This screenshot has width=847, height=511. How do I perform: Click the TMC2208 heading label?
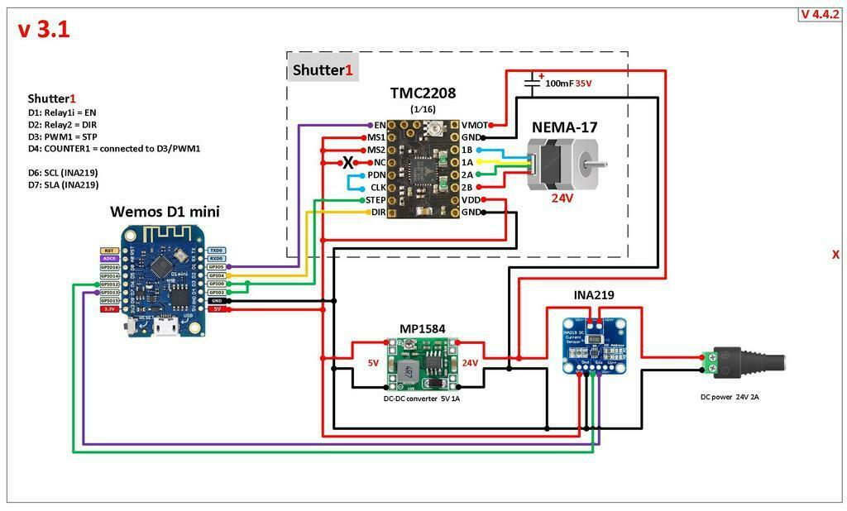pyautogui.click(x=423, y=93)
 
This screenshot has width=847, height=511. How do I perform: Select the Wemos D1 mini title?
pyautogui.click(x=165, y=212)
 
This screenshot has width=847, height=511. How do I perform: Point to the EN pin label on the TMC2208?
pyautogui.click(x=380, y=125)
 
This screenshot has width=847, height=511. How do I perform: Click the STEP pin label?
pyautogui.click(x=376, y=200)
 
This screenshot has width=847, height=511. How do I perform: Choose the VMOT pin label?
pyautogui.click(x=474, y=125)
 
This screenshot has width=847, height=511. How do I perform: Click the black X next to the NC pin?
pyautogui.click(x=349, y=162)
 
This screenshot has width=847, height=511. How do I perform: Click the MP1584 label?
pyautogui.click(x=423, y=329)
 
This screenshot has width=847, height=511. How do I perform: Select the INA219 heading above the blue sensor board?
pyautogui.click(x=594, y=295)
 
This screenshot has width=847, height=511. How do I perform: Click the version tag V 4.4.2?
pyautogui.click(x=820, y=14)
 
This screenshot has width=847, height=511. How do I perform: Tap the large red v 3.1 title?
pyautogui.click(x=44, y=31)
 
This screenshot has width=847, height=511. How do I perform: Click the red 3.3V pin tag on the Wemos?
pyautogui.click(x=109, y=309)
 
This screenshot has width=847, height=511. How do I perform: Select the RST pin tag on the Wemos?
pyautogui.click(x=109, y=250)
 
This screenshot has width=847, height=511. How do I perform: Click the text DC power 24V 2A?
pyautogui.click(x=730, y=397)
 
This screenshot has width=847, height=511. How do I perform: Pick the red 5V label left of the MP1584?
pyautogui.click(x=373, y=363)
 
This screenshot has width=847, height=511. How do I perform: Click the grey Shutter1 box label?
pyautogui.click(x=323, y=70)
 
